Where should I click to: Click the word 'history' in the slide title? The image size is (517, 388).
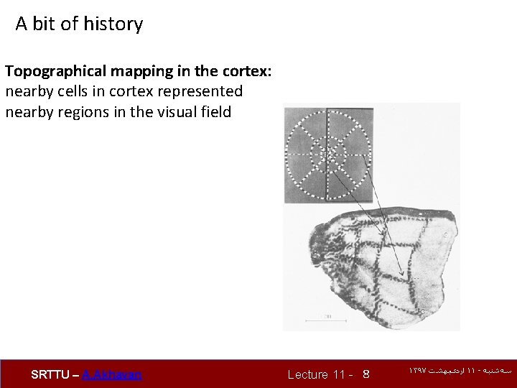(x=113, y=24)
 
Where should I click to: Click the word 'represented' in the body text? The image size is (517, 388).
(x=202, y=92)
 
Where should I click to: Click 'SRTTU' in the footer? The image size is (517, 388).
(x=50, y=374)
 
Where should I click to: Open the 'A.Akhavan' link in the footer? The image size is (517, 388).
(x=112, y=374)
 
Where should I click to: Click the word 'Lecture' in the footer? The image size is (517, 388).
(x=307, y=374)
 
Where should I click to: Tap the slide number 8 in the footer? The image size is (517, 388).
(x=366, y=374)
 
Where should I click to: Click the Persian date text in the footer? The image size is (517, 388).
(x=460, y=371)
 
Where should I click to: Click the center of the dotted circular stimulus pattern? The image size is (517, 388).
(x=327, y=154)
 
